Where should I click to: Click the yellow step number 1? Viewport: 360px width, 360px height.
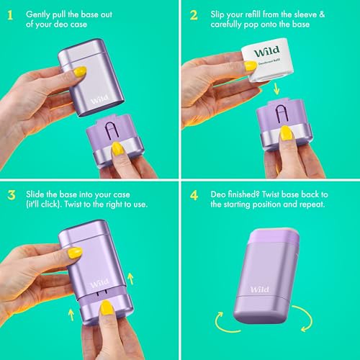tap(10, 15)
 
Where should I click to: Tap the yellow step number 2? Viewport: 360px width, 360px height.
tap(194, 15)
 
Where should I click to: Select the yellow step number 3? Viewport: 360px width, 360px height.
tap(12, 195)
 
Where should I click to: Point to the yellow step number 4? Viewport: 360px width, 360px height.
tap(194, 195)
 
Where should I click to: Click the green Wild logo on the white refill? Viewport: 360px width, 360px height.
tap(267, 51)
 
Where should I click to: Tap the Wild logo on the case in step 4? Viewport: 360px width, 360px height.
tap(259, 289)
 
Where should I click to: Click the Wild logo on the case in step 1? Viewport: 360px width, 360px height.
tap(99, 99)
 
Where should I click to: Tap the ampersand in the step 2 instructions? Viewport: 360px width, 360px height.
tap(322, 14)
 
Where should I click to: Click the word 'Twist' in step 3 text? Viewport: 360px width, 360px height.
tap(73, 204)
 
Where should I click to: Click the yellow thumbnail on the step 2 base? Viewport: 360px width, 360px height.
tap(286, 132)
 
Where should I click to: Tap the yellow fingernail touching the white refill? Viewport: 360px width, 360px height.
tap(250, 66)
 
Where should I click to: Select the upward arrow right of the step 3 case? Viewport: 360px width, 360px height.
tap(130, 279)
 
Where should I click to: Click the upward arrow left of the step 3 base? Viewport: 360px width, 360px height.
tap(71, 315)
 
